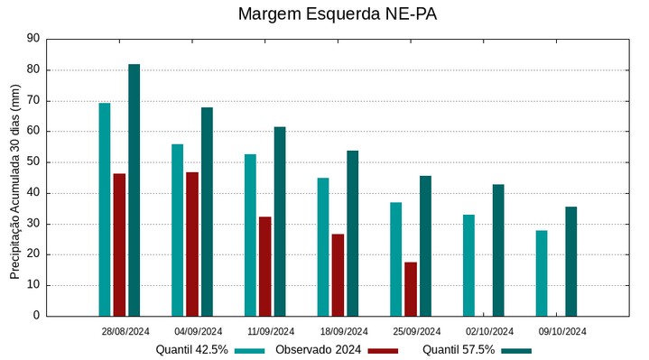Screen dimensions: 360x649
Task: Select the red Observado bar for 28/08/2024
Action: pos(119,245)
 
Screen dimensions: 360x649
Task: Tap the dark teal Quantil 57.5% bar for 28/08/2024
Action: pos(134,190)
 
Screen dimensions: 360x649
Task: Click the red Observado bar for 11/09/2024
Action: pos(264,266)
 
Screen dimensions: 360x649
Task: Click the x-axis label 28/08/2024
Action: pos(125,331)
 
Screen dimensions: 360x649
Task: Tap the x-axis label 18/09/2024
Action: pos(344,331)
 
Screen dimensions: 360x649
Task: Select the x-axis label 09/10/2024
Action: pos(562,331)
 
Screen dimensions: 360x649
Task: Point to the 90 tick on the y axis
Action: pos(33,39)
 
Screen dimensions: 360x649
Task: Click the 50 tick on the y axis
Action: pos(33,162)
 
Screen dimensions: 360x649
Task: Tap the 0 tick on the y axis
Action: pos(36,316)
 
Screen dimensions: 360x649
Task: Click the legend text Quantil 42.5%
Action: pos(191,350)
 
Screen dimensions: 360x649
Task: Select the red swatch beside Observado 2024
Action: pos(383,350)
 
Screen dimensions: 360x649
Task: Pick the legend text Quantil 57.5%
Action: pos(459,350)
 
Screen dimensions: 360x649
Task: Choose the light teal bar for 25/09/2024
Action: pos(395,259)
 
